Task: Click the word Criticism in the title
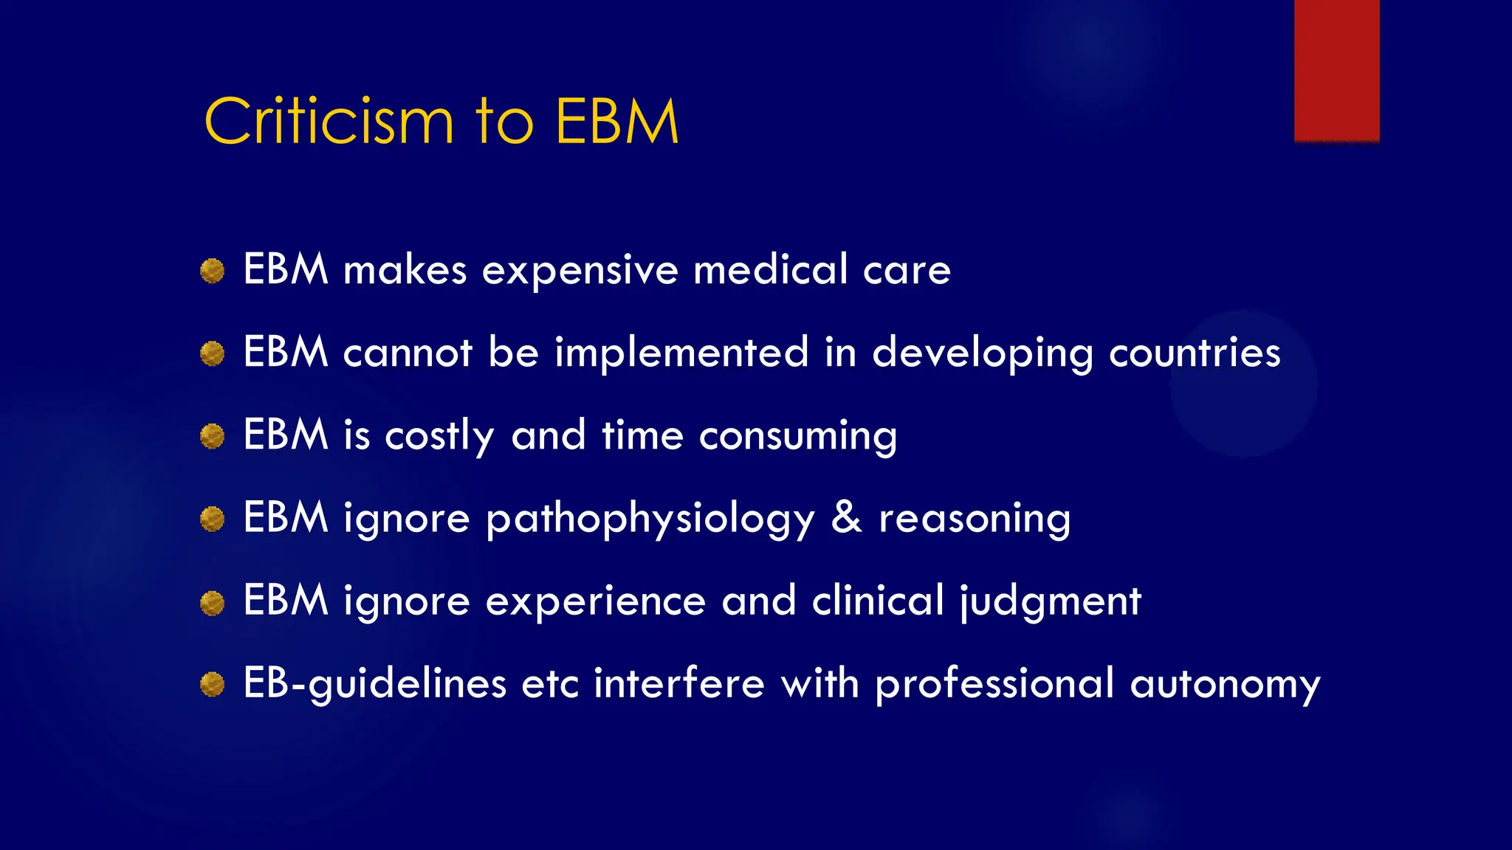[x=329, y=122]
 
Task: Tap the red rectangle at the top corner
[x=1336, y=70]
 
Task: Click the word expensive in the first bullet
[x=580, y=271]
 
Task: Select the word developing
[x=982, y=353]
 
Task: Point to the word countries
[x=1195, y=353]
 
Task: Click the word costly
[x=439, y=436]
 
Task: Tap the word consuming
[x=797, y=436]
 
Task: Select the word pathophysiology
[x=650, y=519]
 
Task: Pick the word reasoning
[x=974, y=519]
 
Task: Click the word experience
[x=596, y=601]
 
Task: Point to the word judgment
[x=1051, y=601]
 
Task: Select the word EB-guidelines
[x=375, y=684]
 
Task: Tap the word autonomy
[x=1225, y=685]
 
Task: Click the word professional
[x=994, y=685]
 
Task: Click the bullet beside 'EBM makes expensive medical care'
[x=213, y=271]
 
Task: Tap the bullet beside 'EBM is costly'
[x=213, y=436]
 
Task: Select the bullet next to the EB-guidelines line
[x=213, y=685]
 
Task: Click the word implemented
[x=681, y=353]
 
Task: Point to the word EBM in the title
[x=616, y=122]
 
